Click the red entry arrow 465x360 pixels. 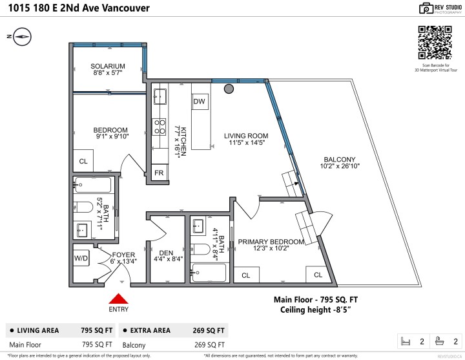tap(118, 299)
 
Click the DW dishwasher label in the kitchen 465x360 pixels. tap(200, 101)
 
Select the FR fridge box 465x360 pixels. tap(159, 173)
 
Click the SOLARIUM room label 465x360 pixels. tap(107, 66)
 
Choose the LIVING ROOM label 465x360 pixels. tap(245, 136)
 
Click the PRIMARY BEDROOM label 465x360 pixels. tap(271, 242)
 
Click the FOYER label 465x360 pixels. tap(123, 255)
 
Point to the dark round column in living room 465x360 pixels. tap(229, 89)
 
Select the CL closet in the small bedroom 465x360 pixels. tap(83, 161)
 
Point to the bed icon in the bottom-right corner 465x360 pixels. tap(406, 341)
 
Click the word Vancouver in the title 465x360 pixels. tap(121, 8)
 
